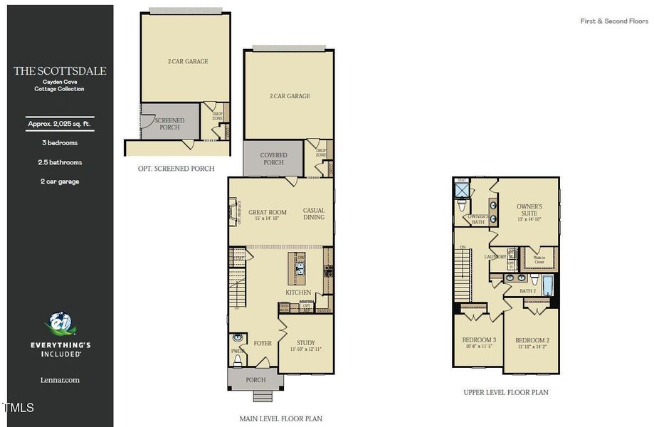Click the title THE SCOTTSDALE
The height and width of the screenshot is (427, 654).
pos(60,71)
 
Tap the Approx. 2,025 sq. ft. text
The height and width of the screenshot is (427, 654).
pos(60,124)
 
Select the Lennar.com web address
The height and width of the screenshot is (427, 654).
pos(60,380)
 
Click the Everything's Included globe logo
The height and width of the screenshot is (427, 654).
pos(60,325)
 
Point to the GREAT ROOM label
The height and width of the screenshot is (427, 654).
pos(268,212)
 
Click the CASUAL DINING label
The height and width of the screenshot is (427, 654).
pos(314,213)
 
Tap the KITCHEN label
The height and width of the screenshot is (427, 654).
pos(298,292)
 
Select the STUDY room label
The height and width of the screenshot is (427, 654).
pos(306,342)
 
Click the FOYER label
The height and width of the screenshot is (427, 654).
pos(263,343)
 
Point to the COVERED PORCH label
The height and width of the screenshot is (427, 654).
pos(273,159)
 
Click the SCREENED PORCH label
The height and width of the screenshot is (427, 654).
pos(169,124)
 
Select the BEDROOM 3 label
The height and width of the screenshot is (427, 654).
pos(480,340)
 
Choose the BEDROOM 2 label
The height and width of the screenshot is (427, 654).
pos(532,340)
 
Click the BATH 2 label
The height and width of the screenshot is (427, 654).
pos(528,290)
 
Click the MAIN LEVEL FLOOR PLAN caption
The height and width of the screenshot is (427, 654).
pos(281,418)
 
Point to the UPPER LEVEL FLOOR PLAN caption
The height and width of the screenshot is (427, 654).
pos(506,392)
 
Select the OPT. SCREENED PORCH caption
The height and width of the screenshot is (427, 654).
pos(176,169)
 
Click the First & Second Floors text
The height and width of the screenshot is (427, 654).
pos(614,21)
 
